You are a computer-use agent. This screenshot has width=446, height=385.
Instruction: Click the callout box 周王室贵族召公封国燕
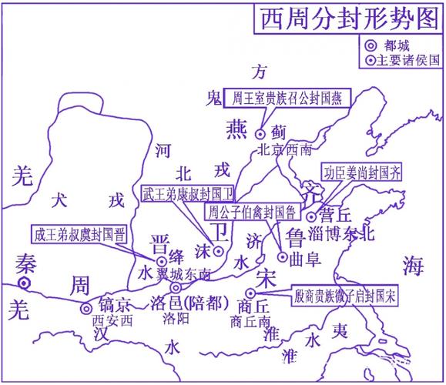pyautogui.click(x=290, y=98)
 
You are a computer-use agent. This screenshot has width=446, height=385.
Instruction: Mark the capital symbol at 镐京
pyautogui.click(x=86, y=309)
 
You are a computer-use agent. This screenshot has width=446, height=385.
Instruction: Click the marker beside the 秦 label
pyautogui.click(x=25, y=283)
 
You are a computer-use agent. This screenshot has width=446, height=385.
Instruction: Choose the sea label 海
pyautogui.click(x=413, y=266)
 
